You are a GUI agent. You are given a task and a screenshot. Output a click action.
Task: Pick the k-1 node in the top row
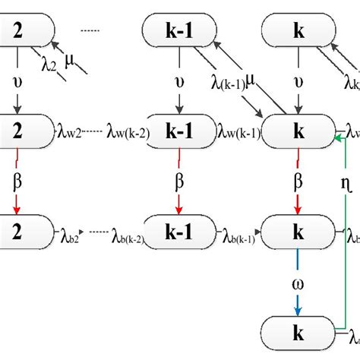[x=175, y=31]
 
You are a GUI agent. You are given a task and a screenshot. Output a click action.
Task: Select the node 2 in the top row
[x=23, y=31]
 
